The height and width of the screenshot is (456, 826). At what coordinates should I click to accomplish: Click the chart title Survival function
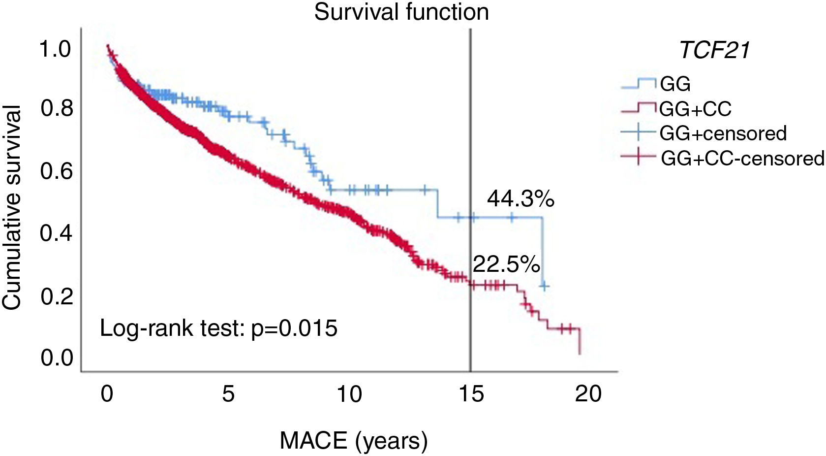click(x=401, y=12)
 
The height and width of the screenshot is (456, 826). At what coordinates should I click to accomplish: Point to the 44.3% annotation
click(x=520, y=199)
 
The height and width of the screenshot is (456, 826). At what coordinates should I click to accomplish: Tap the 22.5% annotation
click(x=506, y=265)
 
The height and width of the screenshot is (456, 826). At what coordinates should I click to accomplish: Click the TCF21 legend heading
click(x=715, y=50)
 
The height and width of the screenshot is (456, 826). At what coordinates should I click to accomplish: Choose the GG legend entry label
click(x=675, y=84)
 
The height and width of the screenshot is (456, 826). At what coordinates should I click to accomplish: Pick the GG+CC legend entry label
click(x=695, y=109)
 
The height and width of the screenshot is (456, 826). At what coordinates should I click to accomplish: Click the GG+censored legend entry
click(x=723, y=133)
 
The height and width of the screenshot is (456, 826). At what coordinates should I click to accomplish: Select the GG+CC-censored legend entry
click(x=742, y=159)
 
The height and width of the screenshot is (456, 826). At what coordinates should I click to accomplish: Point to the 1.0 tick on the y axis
click(x=56, y=49)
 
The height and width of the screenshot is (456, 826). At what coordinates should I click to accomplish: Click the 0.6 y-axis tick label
click(x=56, y=171)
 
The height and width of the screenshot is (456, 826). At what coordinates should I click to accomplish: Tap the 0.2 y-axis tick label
click(x=56, y=296)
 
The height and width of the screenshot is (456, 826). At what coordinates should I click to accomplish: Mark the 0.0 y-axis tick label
click(x=56, y=358)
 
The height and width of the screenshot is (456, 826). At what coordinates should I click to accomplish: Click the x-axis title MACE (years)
click(x=353, y=441)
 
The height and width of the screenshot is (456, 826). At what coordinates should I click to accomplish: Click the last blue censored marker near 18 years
click(x=544, y=286)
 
